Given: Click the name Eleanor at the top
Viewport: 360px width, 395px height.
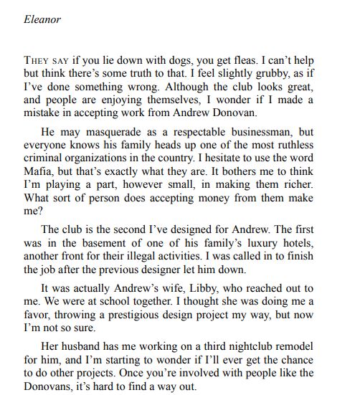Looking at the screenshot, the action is pos(42,19).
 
